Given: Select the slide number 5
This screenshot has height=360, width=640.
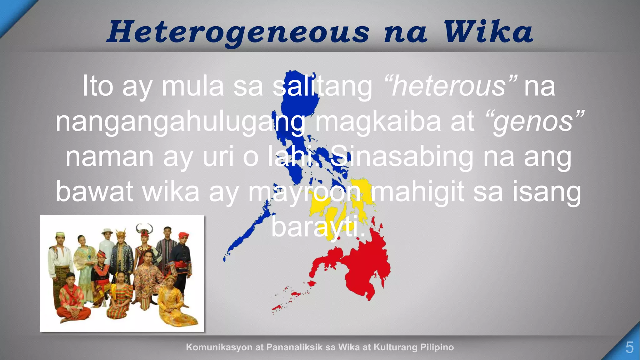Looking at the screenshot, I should coord(629,347).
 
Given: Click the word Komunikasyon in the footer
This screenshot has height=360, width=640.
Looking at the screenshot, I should coord(219,347).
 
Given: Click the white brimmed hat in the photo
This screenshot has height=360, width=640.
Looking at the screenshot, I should coord(107,232).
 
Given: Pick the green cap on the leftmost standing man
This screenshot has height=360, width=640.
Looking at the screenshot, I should coord(60,234).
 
